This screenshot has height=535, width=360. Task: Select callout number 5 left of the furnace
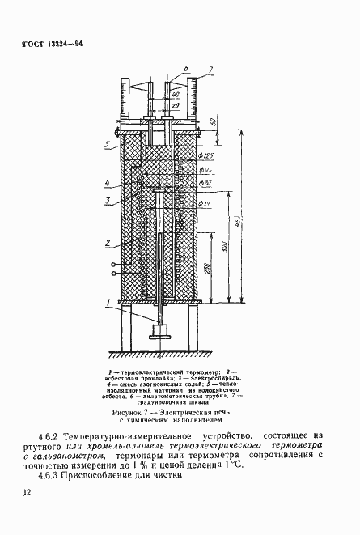(x=107, y=146)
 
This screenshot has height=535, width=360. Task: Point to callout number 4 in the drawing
(x=107, y=183)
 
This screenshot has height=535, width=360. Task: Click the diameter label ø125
(x=205, y=155)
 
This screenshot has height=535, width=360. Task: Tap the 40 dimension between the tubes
(x=175, y=96)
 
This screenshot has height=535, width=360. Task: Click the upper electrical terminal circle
(x=113, y=265)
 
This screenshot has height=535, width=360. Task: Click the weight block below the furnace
(x=162, y=332)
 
